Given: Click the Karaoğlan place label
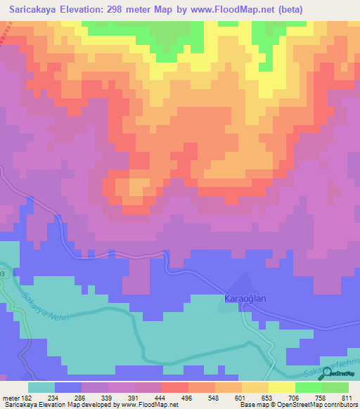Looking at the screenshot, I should [x=246, y=299].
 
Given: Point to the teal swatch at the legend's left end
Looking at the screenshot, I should [x=41, y=387].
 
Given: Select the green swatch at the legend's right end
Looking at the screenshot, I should [x=335, y=387].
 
